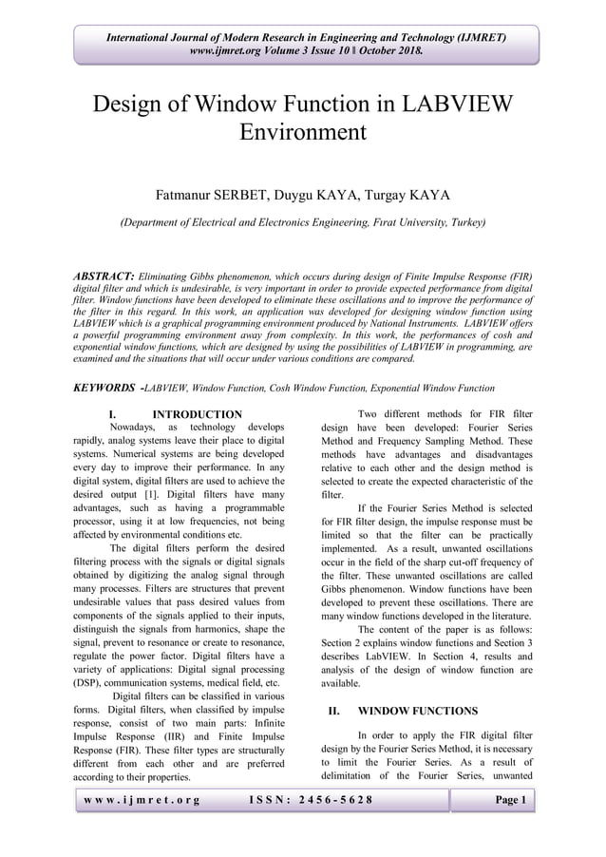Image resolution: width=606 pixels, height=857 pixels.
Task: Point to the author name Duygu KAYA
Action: pos(305,196)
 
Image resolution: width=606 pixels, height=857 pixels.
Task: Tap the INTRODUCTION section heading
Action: pos(197,415)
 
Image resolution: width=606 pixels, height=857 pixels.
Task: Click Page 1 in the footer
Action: pos(508,801)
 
